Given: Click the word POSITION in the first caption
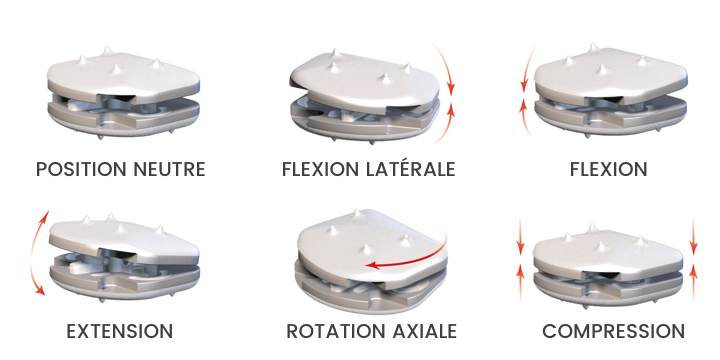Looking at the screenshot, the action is [82, 169].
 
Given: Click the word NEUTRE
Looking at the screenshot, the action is [170, 169].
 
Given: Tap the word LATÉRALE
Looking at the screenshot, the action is [411, 169].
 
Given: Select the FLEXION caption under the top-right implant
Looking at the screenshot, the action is [609, 169].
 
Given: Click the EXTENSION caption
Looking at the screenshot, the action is [120, 331].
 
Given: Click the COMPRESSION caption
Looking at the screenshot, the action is [613, 331].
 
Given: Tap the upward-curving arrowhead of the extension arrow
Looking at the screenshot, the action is [44, 217].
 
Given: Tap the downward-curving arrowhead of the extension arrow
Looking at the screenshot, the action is [40, 289].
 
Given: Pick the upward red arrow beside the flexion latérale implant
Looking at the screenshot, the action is [446, 123].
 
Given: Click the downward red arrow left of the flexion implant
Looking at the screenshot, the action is [527, 68].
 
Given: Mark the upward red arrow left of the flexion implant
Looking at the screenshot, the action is [526, 116].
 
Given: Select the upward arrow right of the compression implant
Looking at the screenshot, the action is [694, 282].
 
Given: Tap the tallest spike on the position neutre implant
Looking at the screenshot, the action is [107, 50].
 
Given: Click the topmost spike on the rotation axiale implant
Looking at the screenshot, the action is [357, 214].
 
